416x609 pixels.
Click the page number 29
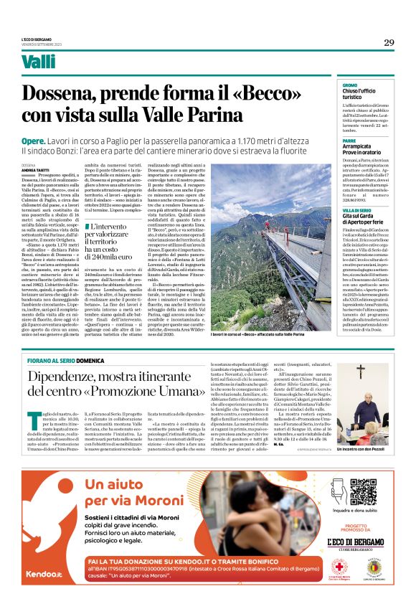(388, 42)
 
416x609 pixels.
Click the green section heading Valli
(58, 62)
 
